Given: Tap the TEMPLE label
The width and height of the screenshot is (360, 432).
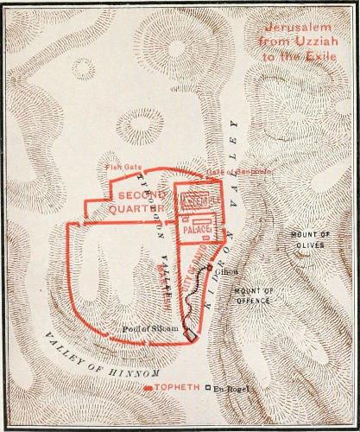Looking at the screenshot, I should click(x=201, y=200).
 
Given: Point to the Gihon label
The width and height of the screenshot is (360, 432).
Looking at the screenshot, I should click(x=228, y=272).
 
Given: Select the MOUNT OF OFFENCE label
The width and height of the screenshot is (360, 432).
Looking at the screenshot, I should click(x=253, y=295).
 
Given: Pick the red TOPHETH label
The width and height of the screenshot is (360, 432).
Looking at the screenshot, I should click(x=178, y=390).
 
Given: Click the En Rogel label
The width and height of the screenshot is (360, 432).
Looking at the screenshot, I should click(x=230, y=390).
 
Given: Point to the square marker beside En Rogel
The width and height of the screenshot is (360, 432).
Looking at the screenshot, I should click(x=207, y=390).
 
